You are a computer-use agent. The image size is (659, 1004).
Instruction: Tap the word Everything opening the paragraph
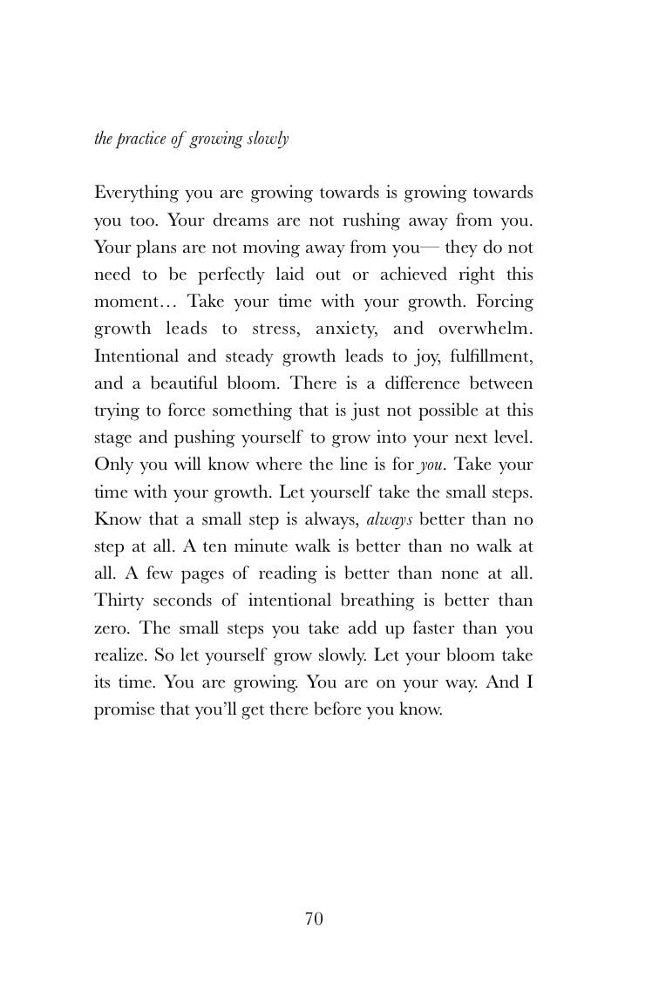click(x=136, y=193)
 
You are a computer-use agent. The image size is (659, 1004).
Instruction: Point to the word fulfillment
click(x=484, y=356)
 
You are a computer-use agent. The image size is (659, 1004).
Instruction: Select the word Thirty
click(x=117, y=600)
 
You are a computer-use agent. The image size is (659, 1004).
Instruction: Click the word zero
click(x=112, y=628)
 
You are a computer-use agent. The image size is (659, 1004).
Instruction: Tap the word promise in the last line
click(x=122, y=709)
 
